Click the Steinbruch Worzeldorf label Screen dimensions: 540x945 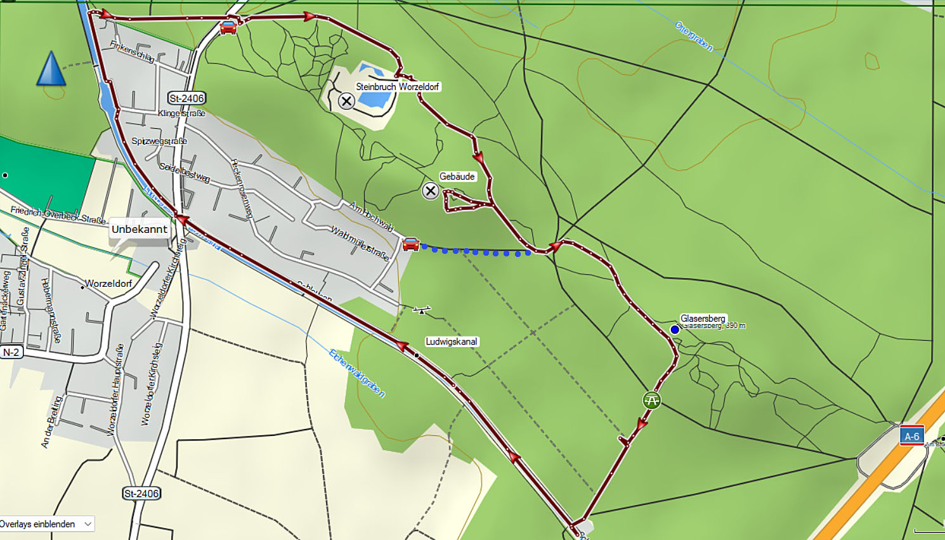(x=397, y=86)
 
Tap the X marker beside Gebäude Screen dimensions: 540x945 (x=431, y=190)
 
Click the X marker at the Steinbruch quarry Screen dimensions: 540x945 (x=346, y=101)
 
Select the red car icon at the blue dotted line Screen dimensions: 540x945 (x=410, y=244)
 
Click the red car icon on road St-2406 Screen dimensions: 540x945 (x=228, y=27)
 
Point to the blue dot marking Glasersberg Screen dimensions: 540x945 (x=675, y=329)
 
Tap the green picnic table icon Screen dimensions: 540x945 (x=651, y=400)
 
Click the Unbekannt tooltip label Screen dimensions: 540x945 (x=140, y=229)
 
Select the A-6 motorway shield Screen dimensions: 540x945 (x=911, y=436)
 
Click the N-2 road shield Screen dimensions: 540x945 (x=11, y=352)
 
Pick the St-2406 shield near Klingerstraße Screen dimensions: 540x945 (x=186, y=98)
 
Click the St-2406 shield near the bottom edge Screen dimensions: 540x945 (x=141, y=493)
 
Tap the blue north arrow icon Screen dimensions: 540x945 (x=51, y=69)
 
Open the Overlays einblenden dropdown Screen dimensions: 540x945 (x=47, y=524)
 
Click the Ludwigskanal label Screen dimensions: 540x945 (x=451, y=341)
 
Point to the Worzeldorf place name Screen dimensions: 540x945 (x=108, y=283)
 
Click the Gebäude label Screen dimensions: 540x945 (x=457, y=176)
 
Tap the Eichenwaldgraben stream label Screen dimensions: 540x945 (x=356, y=373)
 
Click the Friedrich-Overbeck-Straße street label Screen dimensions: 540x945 (x=58, y=215)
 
